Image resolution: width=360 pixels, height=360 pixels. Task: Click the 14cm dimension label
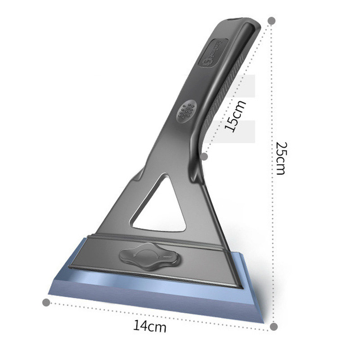coord(149,326)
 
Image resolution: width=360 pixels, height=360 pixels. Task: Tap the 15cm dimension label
coord(236,117)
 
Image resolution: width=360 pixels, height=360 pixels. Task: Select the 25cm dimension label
coord(280,158)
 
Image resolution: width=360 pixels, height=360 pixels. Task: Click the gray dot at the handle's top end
coord(271,21)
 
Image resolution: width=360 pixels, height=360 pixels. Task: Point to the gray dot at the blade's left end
coord(46,302)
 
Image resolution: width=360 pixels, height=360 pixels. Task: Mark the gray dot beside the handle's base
coord(204,157)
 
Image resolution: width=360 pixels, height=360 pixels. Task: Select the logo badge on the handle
coord(212,53)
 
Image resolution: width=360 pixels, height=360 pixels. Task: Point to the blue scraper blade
coord(157,292)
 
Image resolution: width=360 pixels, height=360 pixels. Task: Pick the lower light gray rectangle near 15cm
coord(245,132)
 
